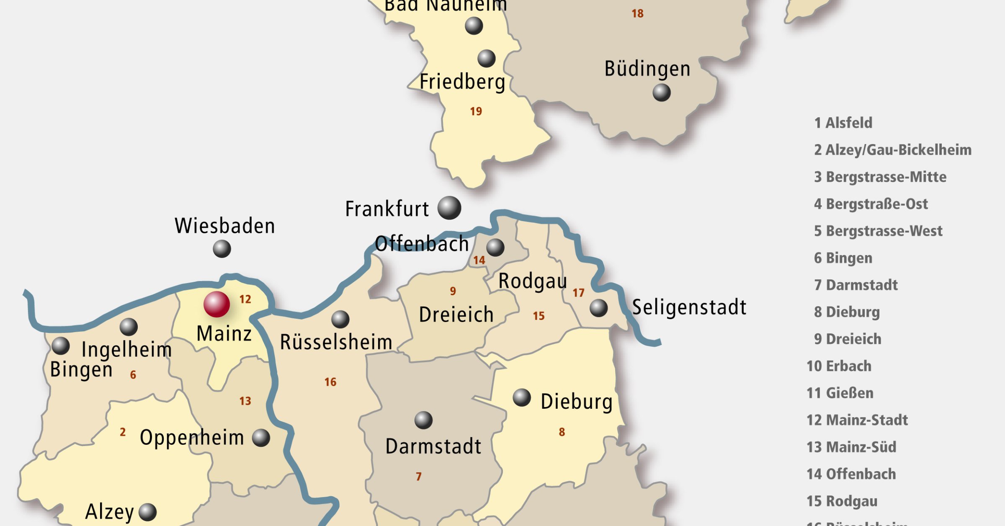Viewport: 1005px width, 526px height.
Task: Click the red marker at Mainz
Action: [216, 304]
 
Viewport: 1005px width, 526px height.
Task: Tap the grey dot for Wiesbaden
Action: [222, 249]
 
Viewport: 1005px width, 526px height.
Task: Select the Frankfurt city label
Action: [387, 209]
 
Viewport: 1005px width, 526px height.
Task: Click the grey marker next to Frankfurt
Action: [449, 208]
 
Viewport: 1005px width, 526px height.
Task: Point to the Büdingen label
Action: [647, 69]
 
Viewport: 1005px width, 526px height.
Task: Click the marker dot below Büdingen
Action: [662, 93]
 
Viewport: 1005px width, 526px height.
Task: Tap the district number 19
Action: [476, 111]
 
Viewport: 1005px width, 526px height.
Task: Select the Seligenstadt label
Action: [689, 307]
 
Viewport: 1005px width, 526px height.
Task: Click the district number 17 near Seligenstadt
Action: [578, 293]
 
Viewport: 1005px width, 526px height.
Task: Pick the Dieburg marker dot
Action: [522, 397]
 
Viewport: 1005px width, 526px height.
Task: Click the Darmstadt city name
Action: [433, 446]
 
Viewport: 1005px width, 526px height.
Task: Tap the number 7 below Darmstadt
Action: [418, 477]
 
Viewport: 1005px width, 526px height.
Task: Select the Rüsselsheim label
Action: [336, 342]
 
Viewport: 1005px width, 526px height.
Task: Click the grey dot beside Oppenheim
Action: [261, 438]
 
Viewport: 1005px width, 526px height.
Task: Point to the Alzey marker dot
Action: [147, 512]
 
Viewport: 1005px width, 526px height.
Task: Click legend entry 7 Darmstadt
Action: [856, 285]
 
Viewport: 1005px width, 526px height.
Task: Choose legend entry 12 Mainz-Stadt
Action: [857, 420]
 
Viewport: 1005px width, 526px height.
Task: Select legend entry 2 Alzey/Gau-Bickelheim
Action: [892, 150]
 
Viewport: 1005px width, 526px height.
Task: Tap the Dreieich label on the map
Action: [456, 314]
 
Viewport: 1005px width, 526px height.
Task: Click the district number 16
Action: [330, 382]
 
